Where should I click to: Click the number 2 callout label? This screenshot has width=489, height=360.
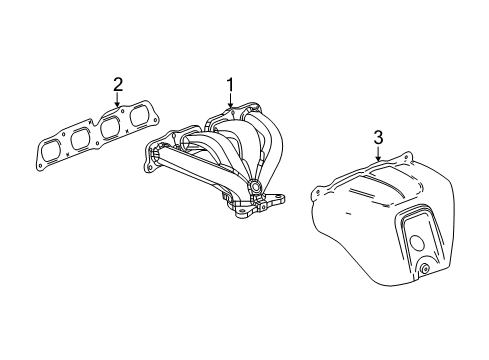[x=117, y=83]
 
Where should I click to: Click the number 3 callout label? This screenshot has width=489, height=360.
[x=378, y=135]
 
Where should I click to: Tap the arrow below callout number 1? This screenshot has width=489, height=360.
[x=231, y=101]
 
